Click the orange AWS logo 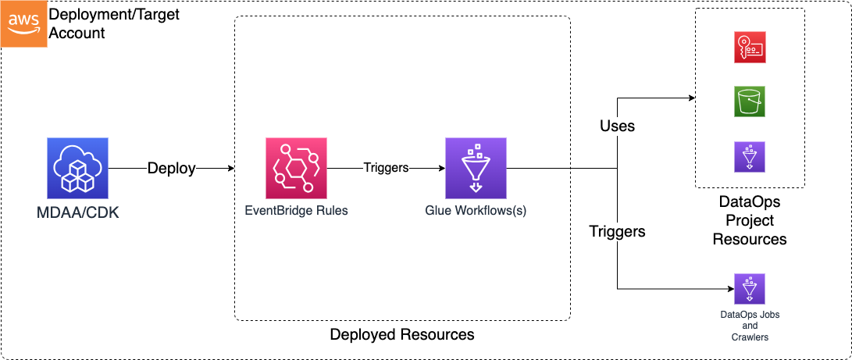click(23, 23)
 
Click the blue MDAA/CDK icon click(77, 168)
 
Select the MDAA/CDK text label click(77, 212)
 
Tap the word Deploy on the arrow click(172, 169)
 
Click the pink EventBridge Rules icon click(296, 168)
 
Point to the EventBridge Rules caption click(296, 210)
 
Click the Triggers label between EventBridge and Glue click(386, 168)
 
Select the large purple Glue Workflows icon click(476, 168)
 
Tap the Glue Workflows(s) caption click(476, 210)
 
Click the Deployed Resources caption click(402, 335)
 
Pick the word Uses click(617, 126)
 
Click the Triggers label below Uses click(617, 231)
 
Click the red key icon click(750, 48)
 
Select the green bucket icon click(750, 102)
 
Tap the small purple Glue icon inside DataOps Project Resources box click(750, 156)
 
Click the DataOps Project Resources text click(750, 220)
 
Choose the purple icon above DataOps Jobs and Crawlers click(750, 289)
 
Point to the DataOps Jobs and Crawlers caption click(750, 326)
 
